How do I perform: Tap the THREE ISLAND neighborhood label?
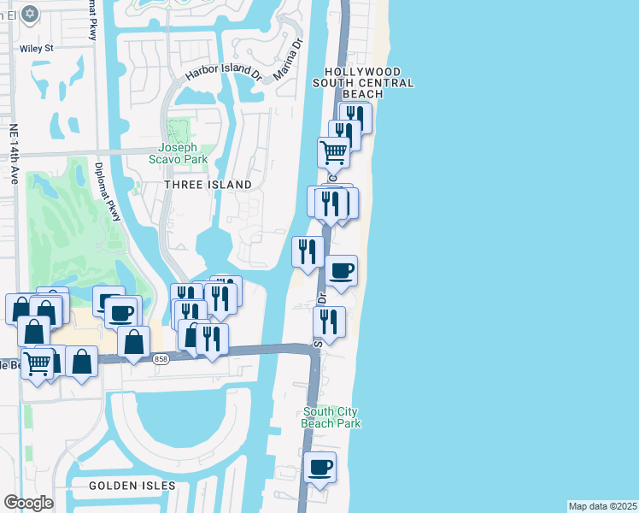coord(209,185)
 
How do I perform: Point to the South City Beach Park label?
coord(331,417)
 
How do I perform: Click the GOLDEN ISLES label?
coord(132,486)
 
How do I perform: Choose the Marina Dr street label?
coord(289,59)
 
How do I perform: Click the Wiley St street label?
coord(36,49)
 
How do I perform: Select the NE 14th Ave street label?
coord(15,155)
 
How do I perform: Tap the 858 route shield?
coord(161,360)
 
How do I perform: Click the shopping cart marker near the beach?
coord(333,152)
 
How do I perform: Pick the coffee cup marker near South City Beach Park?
coord(319,467)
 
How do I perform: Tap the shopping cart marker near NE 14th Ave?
coord(37,363)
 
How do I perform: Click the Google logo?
coord(29,502)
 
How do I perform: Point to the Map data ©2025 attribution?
coord(603,506)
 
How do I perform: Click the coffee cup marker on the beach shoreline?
coord(342,270)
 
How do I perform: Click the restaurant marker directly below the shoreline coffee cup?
coord(329,322)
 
